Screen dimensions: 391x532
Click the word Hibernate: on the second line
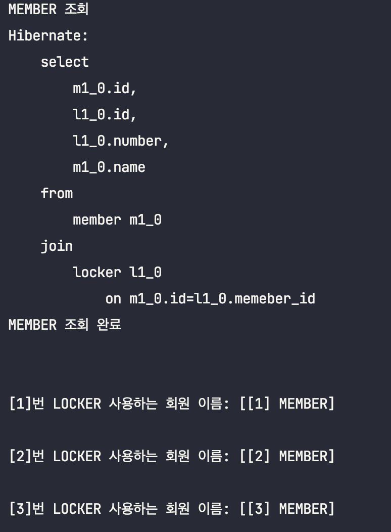[48, 36]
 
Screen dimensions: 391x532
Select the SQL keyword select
[65, 62]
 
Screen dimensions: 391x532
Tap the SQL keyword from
[57, 194]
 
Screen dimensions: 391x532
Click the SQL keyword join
[57, 246]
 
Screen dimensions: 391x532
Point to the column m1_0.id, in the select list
[105, 88]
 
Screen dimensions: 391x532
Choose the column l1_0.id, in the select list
[105, 115]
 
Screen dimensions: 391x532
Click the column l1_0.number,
[121, 141]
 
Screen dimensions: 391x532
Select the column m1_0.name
[109, 167]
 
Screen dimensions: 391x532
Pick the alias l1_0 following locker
[145, 273]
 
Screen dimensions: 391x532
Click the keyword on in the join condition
[113, 299]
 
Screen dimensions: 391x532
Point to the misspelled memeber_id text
[275, 299]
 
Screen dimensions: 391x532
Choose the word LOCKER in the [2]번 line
[77, 456]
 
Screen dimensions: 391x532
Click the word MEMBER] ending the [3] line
[307, 509]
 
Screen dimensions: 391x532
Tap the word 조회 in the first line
[76, 10]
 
